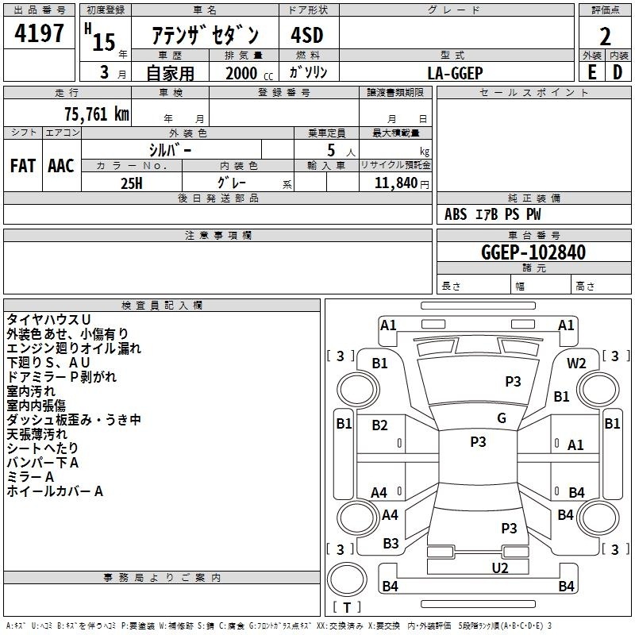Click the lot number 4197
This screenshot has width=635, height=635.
click(40, 35)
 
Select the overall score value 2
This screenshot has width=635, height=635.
click(605, 37)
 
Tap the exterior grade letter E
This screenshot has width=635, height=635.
click(591, 71)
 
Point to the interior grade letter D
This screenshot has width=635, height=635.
click(618, 71)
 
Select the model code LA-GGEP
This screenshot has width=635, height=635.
click(455, 72)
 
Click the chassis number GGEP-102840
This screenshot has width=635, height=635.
click(533, 252)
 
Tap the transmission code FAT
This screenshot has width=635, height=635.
click(22, 165)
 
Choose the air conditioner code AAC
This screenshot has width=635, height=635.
click(61, 165)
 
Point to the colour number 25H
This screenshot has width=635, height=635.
click(132, 183)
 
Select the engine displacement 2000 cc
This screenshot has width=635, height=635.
click(246, 73)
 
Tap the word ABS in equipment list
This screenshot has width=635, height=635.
click(456, 214)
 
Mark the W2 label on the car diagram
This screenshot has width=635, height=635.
click(576, 364)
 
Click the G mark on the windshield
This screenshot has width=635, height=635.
click(501, 418)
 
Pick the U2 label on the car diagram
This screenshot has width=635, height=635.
click(500, 567)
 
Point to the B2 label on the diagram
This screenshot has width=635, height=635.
click(379, 425)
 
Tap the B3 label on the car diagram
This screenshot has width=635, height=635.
click(391, 544)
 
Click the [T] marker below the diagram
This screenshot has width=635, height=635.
click(347, 607)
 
